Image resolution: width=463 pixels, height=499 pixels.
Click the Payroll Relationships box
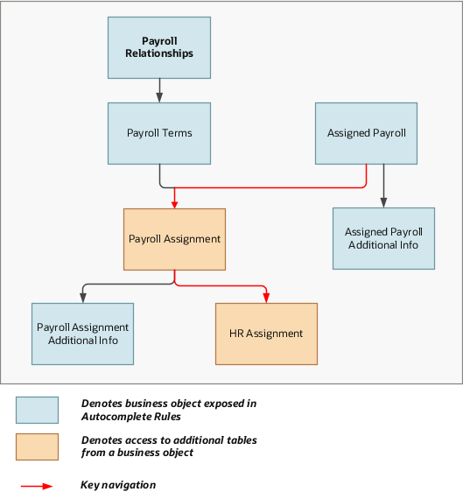click(158, 47)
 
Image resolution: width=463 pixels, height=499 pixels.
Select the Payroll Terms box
click(158, 133)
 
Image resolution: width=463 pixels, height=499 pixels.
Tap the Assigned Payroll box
click(366, 133)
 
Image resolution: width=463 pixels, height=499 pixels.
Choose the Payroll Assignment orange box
click(174, 238)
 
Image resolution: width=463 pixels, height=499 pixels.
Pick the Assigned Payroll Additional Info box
click(383, 238)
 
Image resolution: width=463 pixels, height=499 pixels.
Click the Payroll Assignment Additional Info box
click(82, 334)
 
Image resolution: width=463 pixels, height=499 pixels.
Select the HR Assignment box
click(266, 334)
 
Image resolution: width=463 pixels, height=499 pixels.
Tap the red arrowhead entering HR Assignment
click(266, 299)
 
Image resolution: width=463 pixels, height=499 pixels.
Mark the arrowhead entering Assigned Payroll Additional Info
click(383, 202)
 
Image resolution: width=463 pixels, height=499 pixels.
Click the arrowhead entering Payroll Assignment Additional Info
click(82, 299)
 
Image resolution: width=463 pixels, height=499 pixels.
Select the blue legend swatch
click(37, 410)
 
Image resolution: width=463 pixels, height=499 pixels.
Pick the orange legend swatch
click(37, 446)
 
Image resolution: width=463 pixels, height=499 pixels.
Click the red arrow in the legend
click(37, 485)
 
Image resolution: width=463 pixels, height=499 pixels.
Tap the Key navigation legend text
click(118, 485)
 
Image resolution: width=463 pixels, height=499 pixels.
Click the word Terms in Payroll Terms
click(178, 133)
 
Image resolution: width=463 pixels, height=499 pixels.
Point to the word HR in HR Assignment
click(237, 334)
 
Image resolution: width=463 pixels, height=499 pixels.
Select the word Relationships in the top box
click(158, 53)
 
